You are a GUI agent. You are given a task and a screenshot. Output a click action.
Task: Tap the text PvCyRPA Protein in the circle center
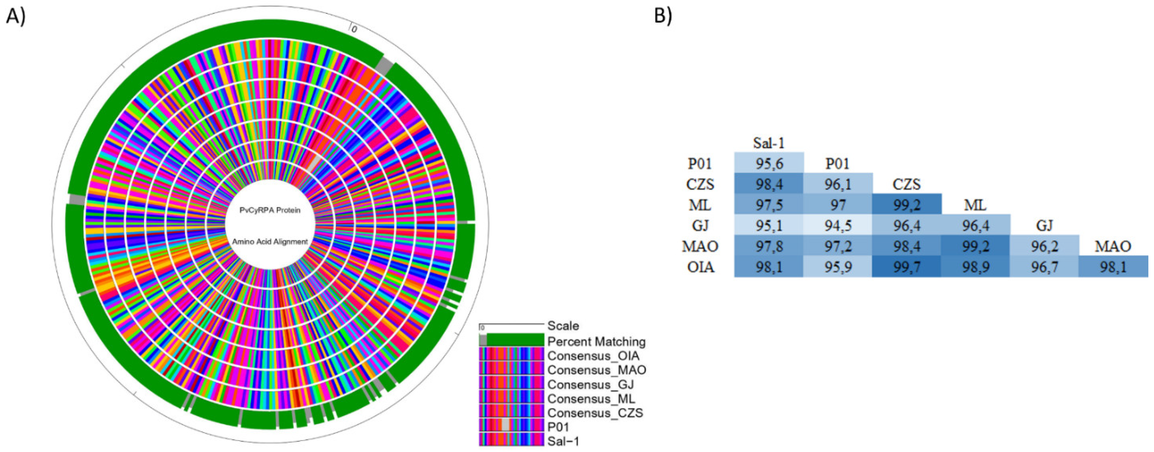point(270,210)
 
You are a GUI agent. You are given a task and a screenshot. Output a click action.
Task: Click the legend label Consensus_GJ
point(590,384)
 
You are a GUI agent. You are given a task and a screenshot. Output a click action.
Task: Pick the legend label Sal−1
point(563,441)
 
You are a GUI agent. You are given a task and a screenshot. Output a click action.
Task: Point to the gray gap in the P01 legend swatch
point(506,425)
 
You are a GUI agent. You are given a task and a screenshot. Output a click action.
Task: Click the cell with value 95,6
point(769,164)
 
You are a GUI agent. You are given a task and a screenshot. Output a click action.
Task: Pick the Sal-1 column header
point(769,143)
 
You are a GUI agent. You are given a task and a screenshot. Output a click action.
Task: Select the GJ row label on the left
point(700,226)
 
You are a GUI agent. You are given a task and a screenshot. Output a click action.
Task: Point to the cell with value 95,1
point(769,226)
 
